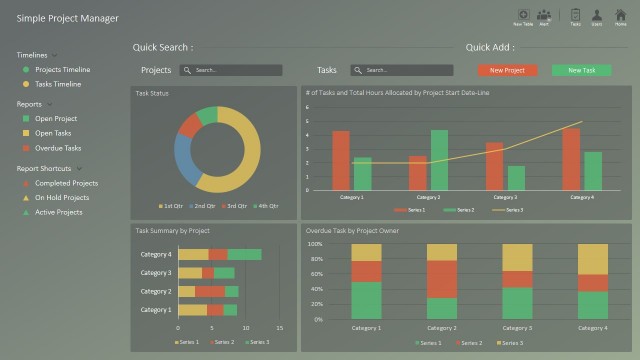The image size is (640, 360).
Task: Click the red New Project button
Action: point(507,71)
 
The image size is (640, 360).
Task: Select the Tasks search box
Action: point(403,71)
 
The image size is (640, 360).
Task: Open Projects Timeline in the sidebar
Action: point(62,70)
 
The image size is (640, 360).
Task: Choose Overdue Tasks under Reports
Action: point(58,148)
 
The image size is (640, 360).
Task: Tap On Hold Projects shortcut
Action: point(62,198)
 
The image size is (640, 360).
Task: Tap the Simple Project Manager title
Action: point(67,19)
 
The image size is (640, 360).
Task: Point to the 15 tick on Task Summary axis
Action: point(279,328)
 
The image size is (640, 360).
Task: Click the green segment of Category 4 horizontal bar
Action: point(245,255)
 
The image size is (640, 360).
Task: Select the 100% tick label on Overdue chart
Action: point(315,244)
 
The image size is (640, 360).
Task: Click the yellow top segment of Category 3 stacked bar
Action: point(517,258)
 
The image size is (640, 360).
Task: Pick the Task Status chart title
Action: point(152,93)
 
